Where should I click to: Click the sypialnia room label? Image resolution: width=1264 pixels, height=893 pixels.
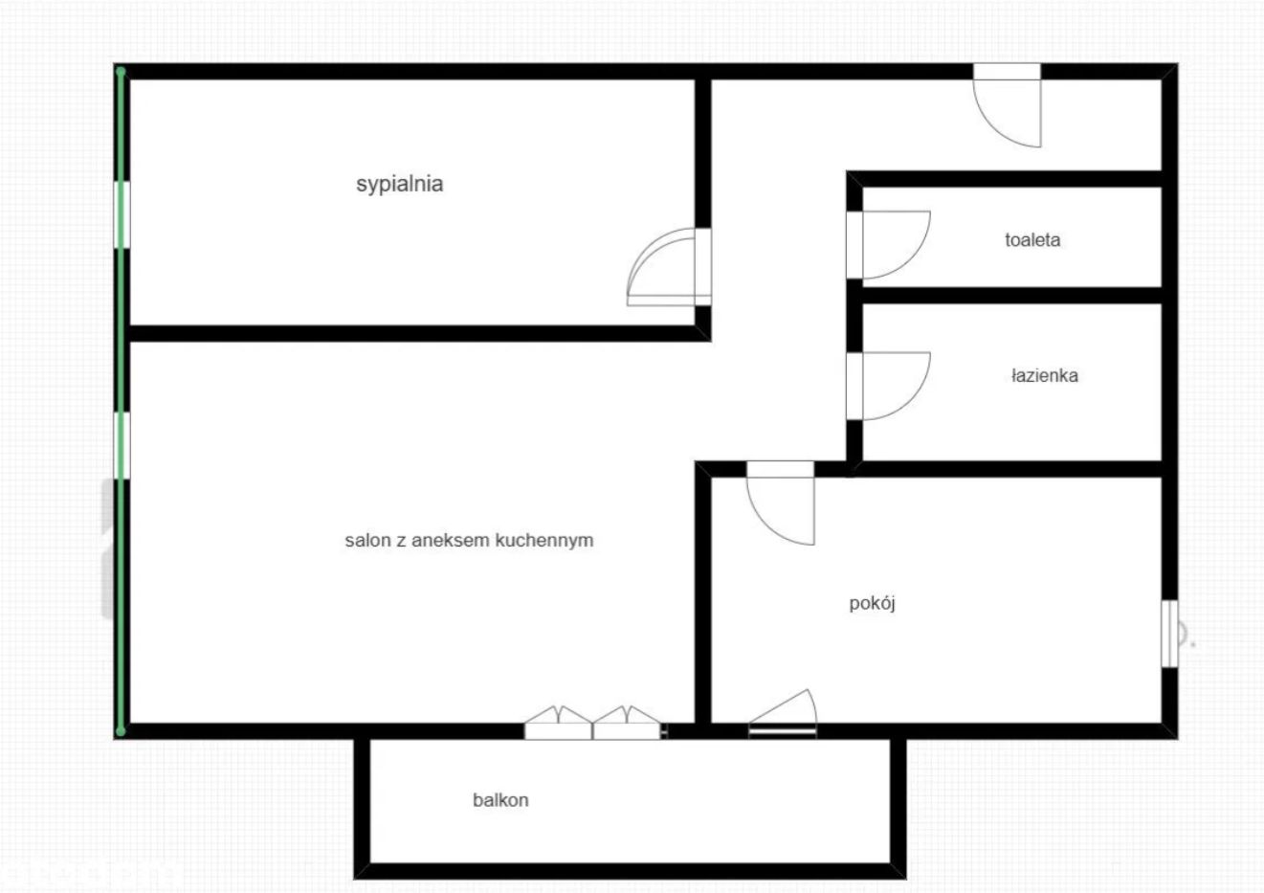tap(400, 185)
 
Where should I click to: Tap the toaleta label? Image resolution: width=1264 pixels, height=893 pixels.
tap(1032, 240)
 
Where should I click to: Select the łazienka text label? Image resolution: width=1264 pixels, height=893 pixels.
tap(1045, 376)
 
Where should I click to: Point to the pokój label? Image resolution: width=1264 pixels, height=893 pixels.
tap(872, 604)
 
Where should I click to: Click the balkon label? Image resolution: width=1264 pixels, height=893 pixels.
tap(500, 800)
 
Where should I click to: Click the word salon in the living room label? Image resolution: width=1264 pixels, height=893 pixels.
tap(368, 540)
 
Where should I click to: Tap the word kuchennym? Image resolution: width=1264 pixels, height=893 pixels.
tap(544, 540)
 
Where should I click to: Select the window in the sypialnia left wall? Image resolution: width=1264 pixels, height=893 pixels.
tap(122, 214)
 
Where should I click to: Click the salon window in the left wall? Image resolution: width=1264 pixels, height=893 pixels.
tap(122, 446)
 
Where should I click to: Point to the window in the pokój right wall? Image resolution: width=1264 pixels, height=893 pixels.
tap(1170, 634)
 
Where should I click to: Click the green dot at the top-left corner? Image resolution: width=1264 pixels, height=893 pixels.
tap(121, 72)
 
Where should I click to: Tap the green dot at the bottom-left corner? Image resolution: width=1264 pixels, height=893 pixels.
tap(121, 732)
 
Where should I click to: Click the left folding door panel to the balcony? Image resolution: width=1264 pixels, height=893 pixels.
tap(558, 723)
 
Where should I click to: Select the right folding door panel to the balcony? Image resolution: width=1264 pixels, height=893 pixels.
tap(627, 723)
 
